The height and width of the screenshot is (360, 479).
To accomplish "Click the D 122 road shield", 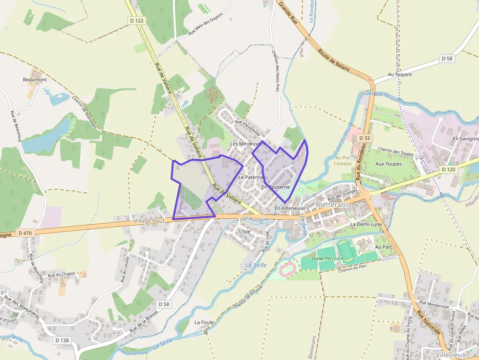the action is [x=137, y=21].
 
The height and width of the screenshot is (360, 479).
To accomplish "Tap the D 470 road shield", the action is [x=25, y=233].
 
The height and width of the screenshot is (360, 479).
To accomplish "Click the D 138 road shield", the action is [x=62, y=340].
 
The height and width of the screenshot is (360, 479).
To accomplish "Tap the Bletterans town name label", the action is [x=332, y=205].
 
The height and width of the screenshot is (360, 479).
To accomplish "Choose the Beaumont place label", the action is [x=35, y=80].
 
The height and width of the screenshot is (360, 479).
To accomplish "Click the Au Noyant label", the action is [x=400, y=74].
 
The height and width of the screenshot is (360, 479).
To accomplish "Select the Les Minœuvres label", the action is [x=247, y=144].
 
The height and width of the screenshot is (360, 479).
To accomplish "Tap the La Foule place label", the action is [x=204, y=322].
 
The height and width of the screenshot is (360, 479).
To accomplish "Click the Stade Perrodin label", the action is [x=327, y=258].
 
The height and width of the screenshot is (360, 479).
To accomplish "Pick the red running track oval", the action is [x=287, y=268].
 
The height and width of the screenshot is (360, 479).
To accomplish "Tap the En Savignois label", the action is [x=465, y=139].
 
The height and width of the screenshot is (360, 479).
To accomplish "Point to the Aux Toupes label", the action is [x=389, y=164].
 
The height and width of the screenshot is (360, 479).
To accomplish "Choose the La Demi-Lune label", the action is [x=366, y=224].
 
